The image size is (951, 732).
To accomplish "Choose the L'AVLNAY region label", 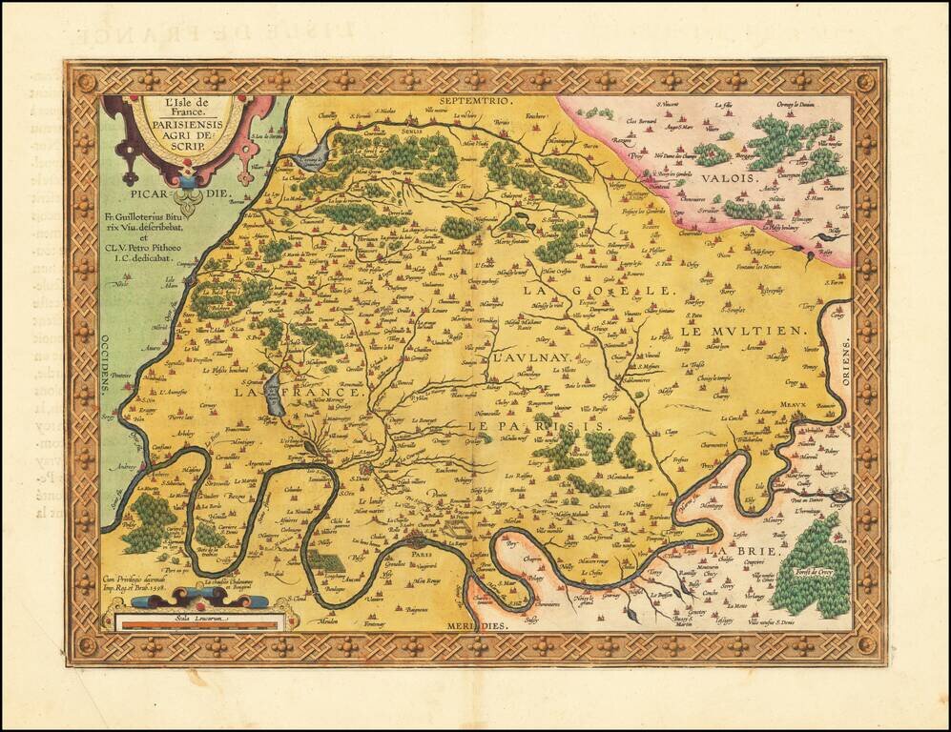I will point(521,361).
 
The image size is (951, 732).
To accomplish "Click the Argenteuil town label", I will point(260,463).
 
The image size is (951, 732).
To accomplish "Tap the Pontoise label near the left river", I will point(120,376).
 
